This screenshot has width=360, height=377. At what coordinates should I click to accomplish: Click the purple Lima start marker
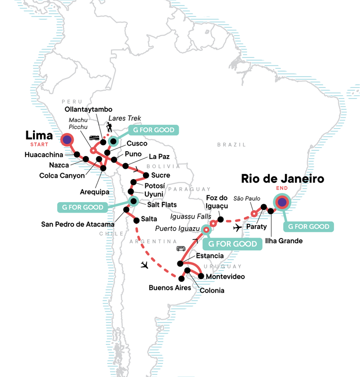(x=67, y=139)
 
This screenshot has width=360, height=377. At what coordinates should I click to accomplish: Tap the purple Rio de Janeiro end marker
(x=282, y=203)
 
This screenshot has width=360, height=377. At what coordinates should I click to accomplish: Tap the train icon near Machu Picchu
(x=93, y=138)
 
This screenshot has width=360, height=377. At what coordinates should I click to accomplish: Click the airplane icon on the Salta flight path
(x=146, y=265)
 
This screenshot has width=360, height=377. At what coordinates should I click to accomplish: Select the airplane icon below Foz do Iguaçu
(x=237, y=228)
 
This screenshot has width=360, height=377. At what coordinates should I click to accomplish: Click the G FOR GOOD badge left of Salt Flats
(x=83, y=207)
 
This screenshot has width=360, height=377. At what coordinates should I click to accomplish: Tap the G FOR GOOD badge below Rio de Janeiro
(x=309, y=227)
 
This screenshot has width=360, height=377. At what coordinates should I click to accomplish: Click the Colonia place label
(x=211, y=291)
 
